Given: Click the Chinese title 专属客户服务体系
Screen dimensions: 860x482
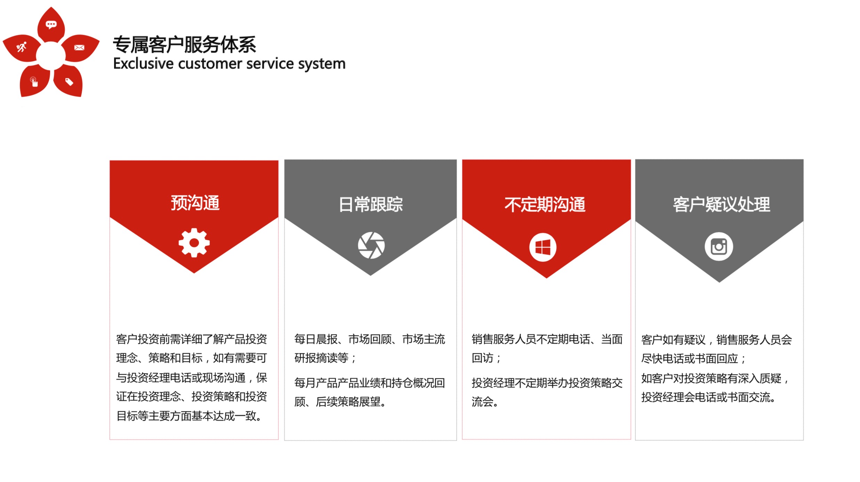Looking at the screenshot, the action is [185, 44].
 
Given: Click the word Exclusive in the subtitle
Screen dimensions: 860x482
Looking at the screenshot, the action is [143, 64].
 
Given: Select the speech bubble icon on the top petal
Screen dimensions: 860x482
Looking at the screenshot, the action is [51, 25].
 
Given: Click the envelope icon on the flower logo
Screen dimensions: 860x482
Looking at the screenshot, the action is [79, 48].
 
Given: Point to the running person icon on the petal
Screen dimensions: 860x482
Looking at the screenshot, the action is [22, 47].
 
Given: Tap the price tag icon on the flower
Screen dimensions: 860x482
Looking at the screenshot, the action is [69, 82].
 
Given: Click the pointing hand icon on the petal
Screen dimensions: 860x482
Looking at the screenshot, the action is [34, 82].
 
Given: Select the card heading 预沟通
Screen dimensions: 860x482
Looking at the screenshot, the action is [195, 203].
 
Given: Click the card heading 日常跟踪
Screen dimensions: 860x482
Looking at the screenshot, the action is [371, 204].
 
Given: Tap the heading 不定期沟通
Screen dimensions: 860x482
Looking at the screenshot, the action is [545, 204].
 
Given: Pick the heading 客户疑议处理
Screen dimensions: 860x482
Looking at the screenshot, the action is [721, 204].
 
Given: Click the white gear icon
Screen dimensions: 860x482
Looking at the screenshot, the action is [194, 243].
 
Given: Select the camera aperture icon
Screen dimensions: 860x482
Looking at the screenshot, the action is [371, 246].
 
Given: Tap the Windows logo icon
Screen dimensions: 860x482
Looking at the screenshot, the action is [543, 247].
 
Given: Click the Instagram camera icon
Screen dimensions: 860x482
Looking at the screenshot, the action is [719, 247].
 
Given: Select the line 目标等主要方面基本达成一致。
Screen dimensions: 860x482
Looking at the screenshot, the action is [189, 416].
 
